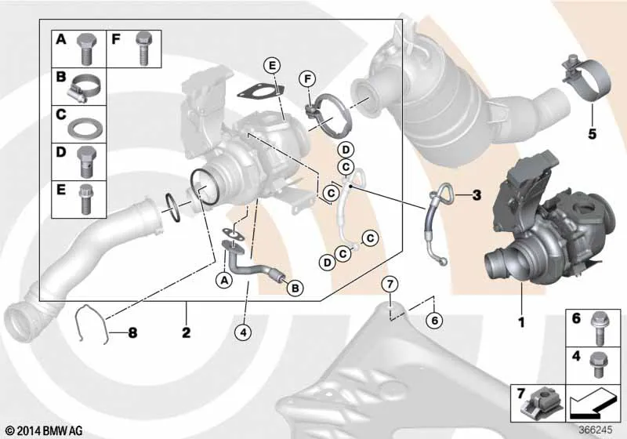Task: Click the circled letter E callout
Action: tap(272, 66)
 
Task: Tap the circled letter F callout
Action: tap(307, 79)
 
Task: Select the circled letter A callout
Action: tap(224, 280)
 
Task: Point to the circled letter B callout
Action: tap(295, 288)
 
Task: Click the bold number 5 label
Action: tap(592, 134)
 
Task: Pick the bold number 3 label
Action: tap(477, 195)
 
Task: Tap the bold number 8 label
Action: tap(132, 332)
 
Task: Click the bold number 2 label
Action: tap(187, 332)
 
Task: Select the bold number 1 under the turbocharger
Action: tap(521, 322)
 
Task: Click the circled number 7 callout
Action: tap(390, 285)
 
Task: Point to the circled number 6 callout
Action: tap(434, 320)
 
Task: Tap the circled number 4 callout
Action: tap(244, 332)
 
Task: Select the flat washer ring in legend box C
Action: tap(85, 128)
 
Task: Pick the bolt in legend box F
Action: tap(143, 49)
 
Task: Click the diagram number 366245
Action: tap(596, 430)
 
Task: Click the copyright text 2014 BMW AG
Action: tap(45, 430)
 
